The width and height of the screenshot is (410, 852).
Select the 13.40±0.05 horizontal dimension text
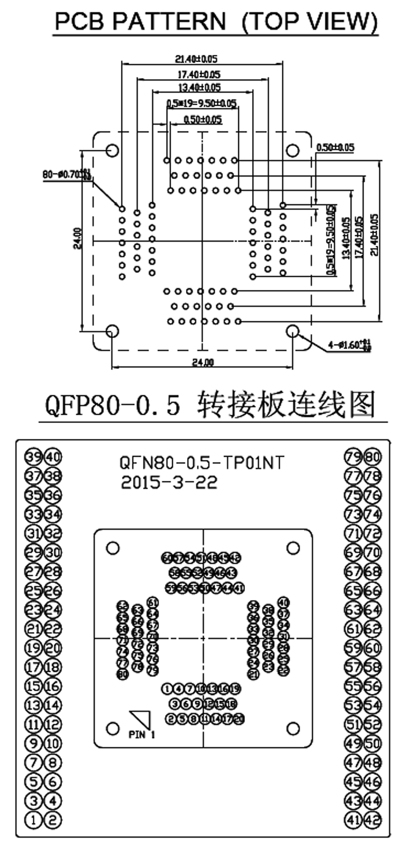[199, 88]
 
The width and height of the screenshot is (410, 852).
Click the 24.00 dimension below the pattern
[203, 362]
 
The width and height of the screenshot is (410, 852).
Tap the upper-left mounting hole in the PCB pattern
[112, 150]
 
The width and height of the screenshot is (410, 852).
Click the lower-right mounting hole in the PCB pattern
[293, 331]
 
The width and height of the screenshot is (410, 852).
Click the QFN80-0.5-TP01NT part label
[201, 463]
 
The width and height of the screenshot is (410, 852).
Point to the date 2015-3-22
[169, 482]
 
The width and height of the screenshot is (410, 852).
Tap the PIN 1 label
[141, 735]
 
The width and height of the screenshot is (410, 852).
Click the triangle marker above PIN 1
[143, 718]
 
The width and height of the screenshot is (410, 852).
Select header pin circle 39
[34, 457]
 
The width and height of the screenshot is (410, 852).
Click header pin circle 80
[373, 457]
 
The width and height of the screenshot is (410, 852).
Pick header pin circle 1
[34, 820]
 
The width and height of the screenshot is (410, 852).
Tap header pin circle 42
[373, 820]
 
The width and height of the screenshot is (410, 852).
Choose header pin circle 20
[53, 648]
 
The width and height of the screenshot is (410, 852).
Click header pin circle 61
[354, 629]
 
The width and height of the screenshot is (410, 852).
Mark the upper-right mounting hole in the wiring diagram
[293, 548]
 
